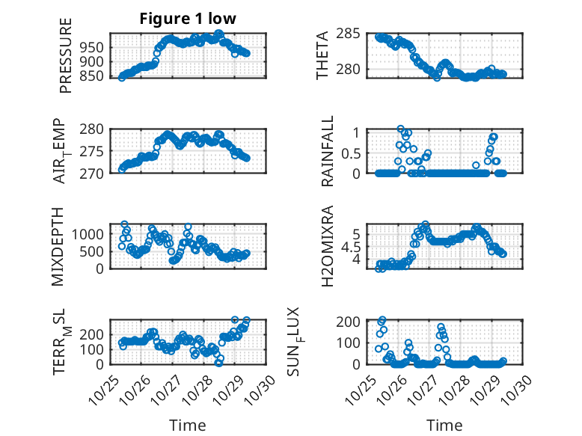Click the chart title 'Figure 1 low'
(188, 19)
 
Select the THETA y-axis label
(322, 55)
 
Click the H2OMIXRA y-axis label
(328, 246)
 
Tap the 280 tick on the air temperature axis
(94, 129)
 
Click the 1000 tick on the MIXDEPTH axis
(91, 234)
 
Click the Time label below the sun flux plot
(444, 425)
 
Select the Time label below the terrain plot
(188, 425)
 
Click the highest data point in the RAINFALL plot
(401, 129)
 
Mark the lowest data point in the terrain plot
(219, 363)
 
